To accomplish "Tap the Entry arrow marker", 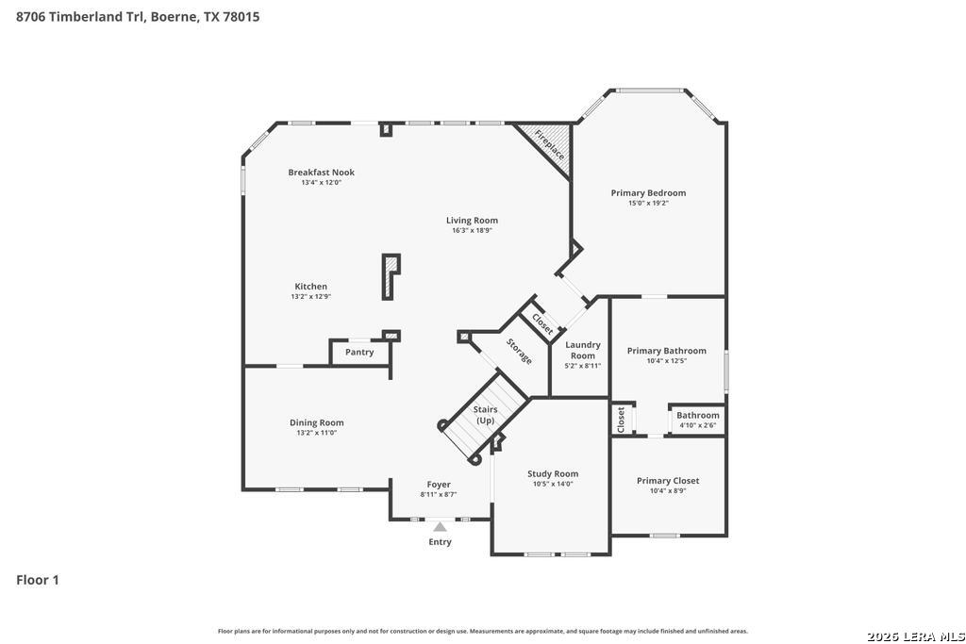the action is [440, 527].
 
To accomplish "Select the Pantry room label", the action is [359, 352].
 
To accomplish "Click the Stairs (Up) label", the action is [486, 415].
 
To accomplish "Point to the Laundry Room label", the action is [583, 351].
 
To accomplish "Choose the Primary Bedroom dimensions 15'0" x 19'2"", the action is [648, 203].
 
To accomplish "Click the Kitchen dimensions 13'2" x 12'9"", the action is [311, 297].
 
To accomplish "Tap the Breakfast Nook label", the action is [322, 173].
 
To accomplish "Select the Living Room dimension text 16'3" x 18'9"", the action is [472, 231].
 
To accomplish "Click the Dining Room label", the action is [317, 423].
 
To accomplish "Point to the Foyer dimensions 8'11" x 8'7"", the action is [439, 494].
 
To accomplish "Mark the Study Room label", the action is [553, 474].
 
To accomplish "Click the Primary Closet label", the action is [668, 481].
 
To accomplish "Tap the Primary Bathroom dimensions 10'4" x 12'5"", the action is [667, 361].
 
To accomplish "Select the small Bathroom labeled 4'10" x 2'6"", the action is [697, 420].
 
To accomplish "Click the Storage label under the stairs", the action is [520, 351].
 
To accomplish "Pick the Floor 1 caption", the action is [38, 580].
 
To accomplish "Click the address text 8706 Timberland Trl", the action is [81, 17].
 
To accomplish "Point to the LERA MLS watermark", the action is [915, 636].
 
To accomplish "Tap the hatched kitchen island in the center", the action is [390, 277].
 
